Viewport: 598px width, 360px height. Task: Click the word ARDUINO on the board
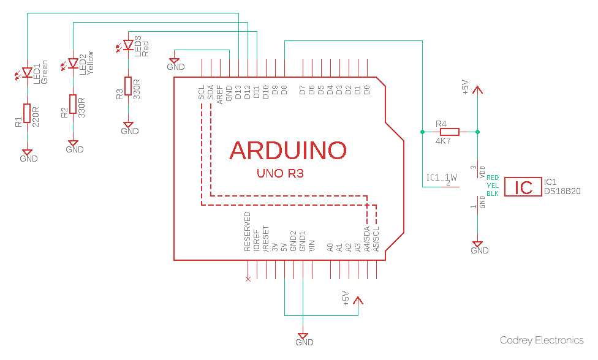click(x=288, y=150)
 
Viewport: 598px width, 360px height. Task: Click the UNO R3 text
click(x=281, y=174)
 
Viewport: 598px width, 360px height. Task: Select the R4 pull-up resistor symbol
click(x=449, y=132)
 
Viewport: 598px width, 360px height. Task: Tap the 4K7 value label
click(x=443, y=141)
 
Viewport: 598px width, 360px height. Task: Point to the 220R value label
click(x=36, y=116)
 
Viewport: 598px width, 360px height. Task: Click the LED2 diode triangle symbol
click(x=73, y=64)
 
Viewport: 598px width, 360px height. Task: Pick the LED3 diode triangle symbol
click(x=127, y=45)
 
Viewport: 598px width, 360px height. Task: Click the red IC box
click(x=523, y=187)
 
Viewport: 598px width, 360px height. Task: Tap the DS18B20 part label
click(x=562, y=192)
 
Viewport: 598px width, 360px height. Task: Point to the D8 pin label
click(x=284, y=91)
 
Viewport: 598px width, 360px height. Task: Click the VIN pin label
click(x=312, y=247)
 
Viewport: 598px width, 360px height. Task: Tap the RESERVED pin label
click(x=248, y=232)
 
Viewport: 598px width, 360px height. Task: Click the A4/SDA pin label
click(x=367, y=239)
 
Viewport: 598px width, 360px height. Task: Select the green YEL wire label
click(x=492, y=186)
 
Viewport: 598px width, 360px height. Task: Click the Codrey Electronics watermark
click(x=542, y=340)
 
